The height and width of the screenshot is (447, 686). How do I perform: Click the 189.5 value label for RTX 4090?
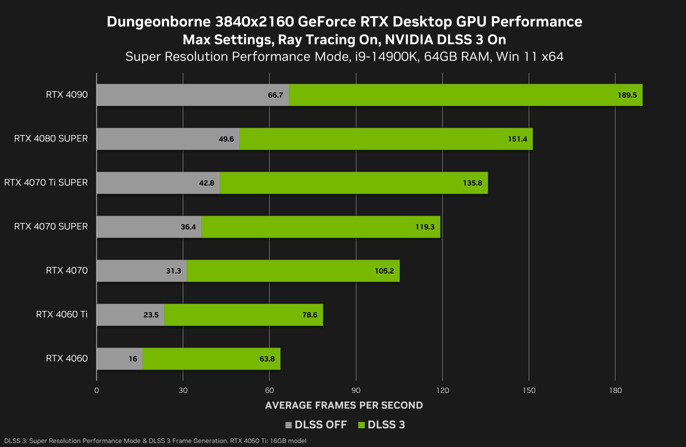click(627, 95)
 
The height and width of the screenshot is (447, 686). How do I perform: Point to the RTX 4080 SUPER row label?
click(51, 139)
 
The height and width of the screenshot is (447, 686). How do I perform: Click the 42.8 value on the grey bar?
click(207, 183)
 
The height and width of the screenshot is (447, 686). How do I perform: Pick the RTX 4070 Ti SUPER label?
click(46, 183)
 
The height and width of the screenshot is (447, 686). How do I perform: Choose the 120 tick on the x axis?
click(442, 390)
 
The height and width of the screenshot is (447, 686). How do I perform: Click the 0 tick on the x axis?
click(97, 390)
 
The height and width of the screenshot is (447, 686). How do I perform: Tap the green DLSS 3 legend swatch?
click(361, 425)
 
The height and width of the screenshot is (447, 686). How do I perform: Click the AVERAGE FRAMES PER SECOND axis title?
click(344, 405)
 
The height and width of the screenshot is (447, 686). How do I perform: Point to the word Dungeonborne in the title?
click(159, 22)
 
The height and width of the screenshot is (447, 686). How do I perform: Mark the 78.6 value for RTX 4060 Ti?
click(309, 315)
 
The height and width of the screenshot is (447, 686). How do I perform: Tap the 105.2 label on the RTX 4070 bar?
click(384, 271)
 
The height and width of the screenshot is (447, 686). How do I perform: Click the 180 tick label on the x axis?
click(615, 390)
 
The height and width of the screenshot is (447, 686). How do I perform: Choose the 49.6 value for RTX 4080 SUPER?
click(226, 139)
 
